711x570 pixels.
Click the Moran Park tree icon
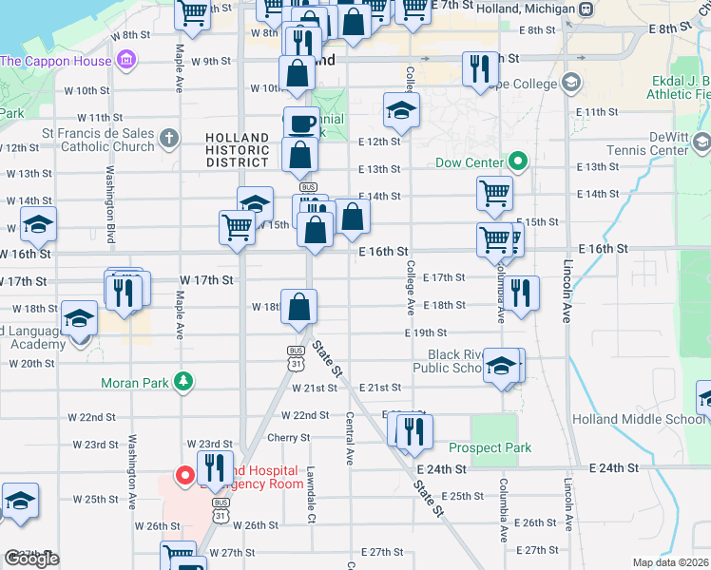[183, 382]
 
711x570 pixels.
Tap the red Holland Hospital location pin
[184, 473]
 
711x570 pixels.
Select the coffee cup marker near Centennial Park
[302, 123]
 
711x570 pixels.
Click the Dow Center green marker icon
[518, 162]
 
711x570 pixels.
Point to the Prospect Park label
[490, 447]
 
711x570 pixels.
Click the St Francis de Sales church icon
[169, 139]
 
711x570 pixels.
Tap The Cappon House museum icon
[125, 62]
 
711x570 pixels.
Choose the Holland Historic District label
[238, 150]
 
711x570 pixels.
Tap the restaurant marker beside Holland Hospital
[215, 468]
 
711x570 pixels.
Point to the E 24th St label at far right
[622, 468]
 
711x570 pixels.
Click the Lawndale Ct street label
[311, 494]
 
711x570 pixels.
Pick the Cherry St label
[289, 438]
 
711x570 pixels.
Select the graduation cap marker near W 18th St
[79, 318]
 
